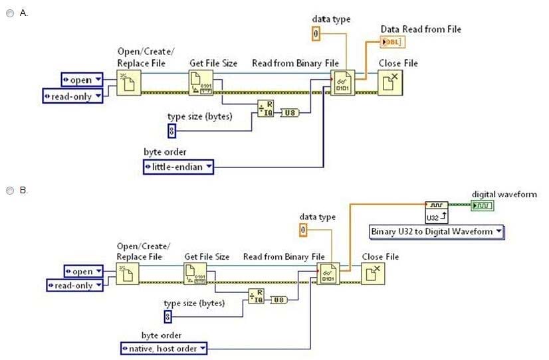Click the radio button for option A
pos(10,13)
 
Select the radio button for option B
pos(10,190)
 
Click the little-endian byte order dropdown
pos(179,167)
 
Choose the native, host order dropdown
pos(164,348)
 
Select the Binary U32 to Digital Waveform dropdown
pos(437,231)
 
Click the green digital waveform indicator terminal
pos(483,206)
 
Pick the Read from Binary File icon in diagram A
pos(344,83)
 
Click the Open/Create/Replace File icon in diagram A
pos(129,83)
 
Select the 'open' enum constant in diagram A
pos(82,80)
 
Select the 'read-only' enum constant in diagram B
pos(75,285)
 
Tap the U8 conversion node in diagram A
pos(290,112)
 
